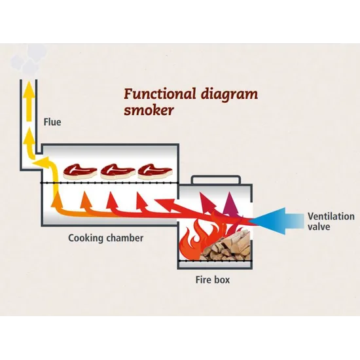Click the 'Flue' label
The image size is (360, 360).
click(52, 122)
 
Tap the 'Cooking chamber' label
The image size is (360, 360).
click(106, 238)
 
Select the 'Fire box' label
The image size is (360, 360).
click(213, 279)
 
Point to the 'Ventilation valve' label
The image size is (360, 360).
click(331, 221)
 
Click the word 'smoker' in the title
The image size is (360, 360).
click(149, 111)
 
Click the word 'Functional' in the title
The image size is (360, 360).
click(160, 94)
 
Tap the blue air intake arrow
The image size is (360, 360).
click(276, 221)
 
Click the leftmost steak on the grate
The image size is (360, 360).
click(80, 171)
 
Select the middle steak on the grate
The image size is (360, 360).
click(118, 171)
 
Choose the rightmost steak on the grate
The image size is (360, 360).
click(155, 171)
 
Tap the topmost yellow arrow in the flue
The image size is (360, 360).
click(29, 101)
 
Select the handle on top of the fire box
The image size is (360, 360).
click(216, 179)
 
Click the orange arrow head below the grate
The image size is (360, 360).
click(86, 199)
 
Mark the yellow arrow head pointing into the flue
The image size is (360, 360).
click(41, 162)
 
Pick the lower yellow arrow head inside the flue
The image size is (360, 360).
click(29, 136)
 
